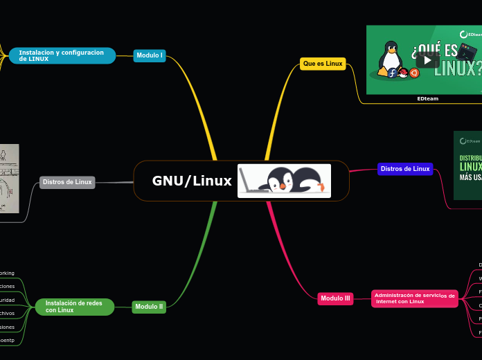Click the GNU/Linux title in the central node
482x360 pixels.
(192, 181)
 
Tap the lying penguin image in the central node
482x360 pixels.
(284, 181)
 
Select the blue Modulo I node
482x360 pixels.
(150, 55)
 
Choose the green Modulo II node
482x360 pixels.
(149, 307)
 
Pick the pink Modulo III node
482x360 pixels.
(335, 298)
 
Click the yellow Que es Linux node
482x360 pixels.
(322, 64)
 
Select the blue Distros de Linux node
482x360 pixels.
(405, 169)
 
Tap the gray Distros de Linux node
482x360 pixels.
(67, 182)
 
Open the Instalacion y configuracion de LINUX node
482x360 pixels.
(62, 55)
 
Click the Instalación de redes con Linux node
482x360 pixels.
(74, 307)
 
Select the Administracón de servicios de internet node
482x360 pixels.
(414, 298)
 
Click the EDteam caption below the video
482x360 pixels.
(427, 99)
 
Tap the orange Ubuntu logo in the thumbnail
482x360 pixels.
(414, 73)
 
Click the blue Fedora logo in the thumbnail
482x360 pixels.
(393, 73)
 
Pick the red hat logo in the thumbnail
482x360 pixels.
(403, 73)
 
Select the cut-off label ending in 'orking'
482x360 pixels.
(7, 273)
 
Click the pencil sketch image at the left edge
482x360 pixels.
(8, 179)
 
